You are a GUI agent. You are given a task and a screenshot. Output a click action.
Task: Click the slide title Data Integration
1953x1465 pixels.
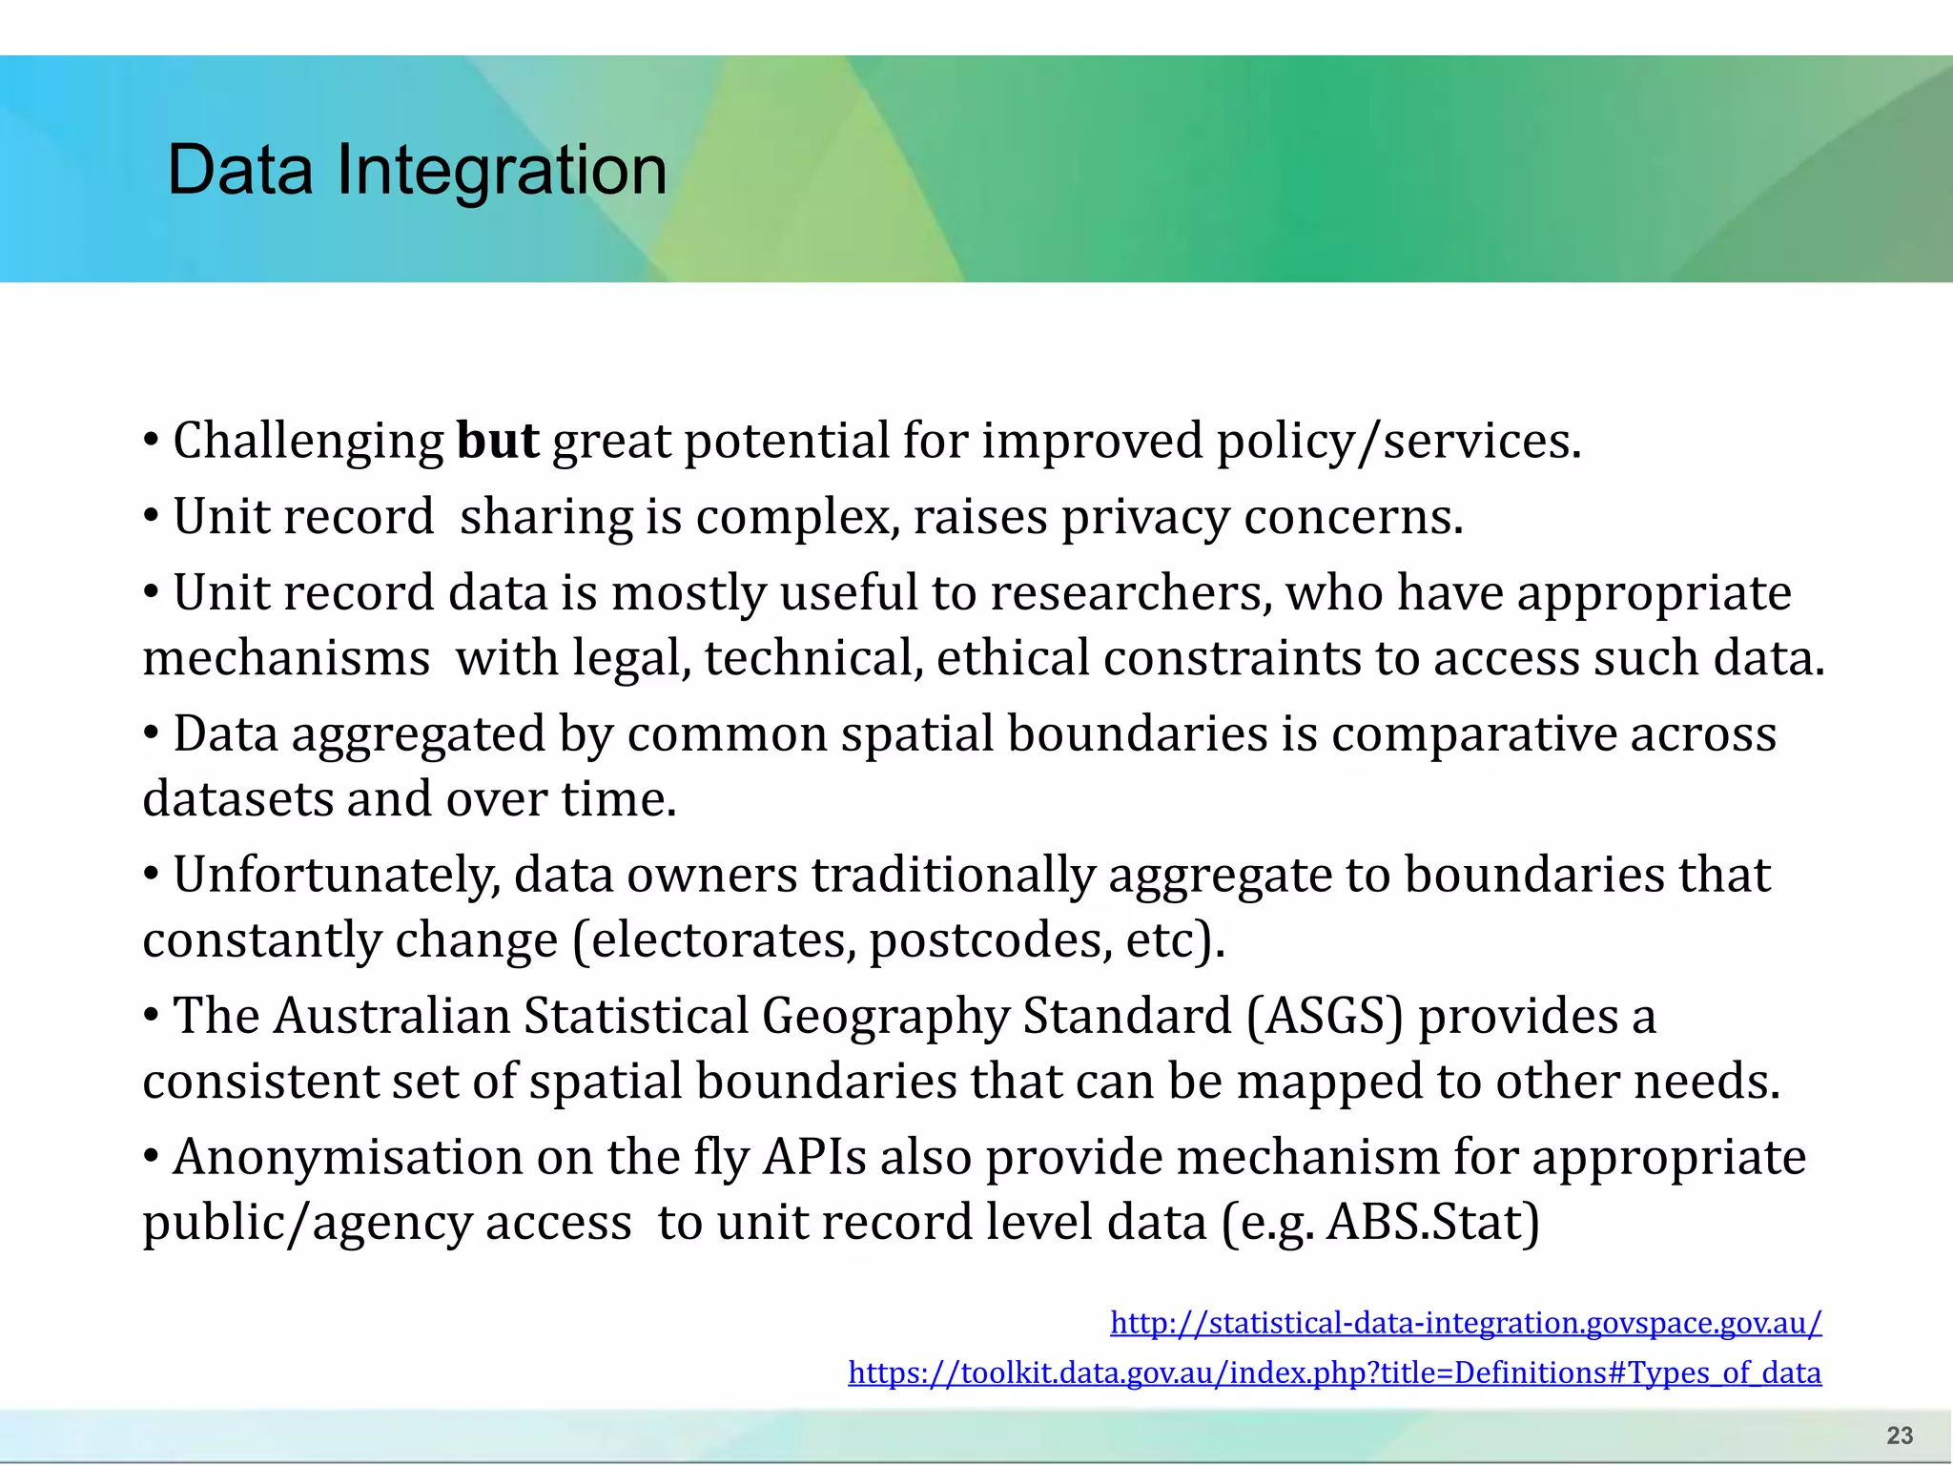[417, 170]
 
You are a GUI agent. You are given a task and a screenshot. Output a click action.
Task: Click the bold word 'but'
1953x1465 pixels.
[498, 442]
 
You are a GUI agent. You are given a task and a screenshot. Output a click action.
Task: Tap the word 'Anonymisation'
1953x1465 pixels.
[347, 1158]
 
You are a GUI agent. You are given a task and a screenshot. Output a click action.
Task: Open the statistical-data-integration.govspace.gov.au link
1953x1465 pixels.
[1466, 1323]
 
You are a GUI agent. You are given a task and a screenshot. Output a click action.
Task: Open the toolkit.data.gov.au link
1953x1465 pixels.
[1334, 1372]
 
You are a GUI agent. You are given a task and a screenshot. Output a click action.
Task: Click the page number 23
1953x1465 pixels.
[1900, 1435]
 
